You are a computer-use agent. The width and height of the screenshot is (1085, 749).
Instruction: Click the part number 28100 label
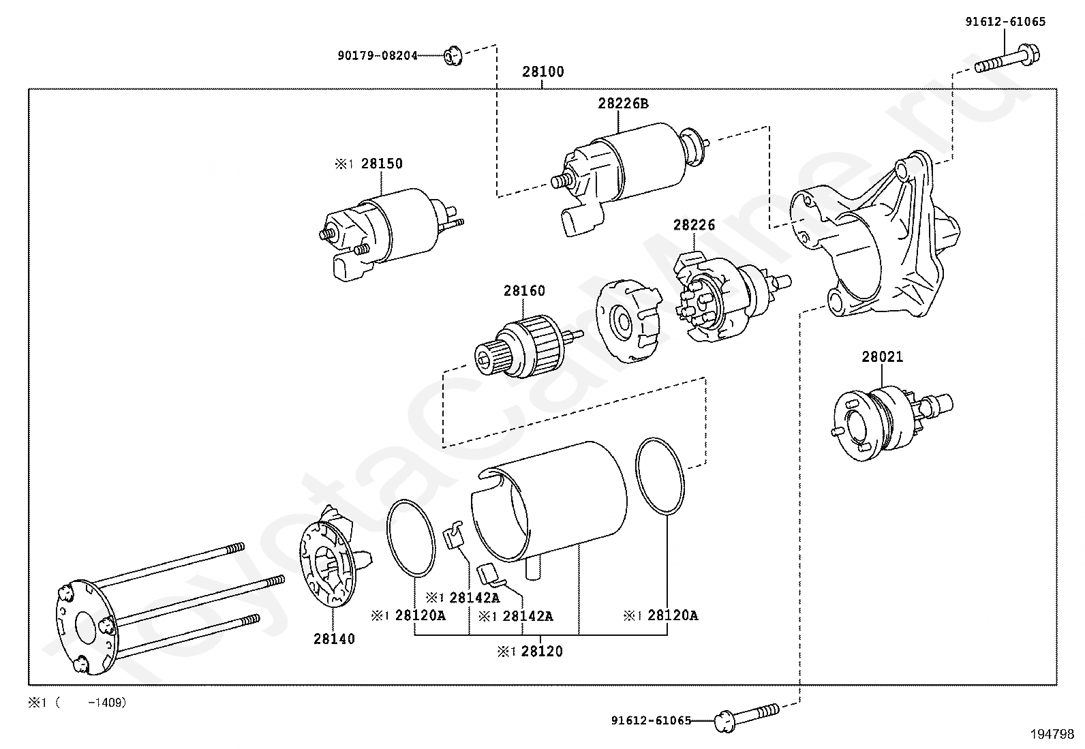[x=543, y=72]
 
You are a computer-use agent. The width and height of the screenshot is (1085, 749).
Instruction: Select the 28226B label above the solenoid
[x=624, y=104]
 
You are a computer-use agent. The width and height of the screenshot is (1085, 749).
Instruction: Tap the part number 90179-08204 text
[x=378, y=56]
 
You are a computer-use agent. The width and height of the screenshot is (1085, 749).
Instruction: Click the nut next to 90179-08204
[x=453, y=56]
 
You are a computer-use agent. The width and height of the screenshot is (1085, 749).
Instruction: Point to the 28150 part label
[x=382, y=164]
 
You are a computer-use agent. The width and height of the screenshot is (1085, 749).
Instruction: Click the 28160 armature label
[x=524, y=291]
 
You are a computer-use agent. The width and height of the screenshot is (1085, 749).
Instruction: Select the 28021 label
[x=882, y=357]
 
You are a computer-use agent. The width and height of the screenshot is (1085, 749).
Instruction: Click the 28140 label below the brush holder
[x=334, y=639]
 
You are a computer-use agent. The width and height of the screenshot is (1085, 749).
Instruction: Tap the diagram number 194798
[x=1052, y=734]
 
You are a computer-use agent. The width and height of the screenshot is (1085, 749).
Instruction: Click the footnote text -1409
[x=107, y=703]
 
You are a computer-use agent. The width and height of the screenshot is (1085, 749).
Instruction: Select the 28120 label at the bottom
[x=542, y=652]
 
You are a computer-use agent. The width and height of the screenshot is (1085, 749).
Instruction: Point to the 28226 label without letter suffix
[x=694, y=225]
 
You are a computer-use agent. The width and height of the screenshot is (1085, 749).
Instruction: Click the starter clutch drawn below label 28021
[x=891, y=423]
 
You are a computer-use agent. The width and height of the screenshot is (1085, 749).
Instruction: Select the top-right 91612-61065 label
[x=1005, y=22]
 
